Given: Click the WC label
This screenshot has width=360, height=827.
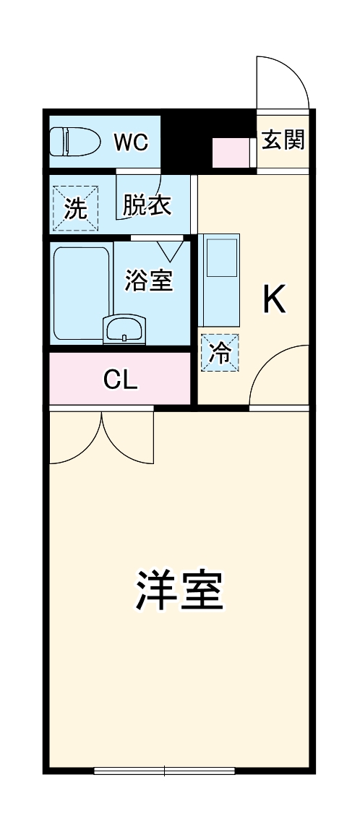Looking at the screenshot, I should (x=131, y=142).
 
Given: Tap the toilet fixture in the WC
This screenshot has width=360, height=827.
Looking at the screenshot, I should (x=75, y=141).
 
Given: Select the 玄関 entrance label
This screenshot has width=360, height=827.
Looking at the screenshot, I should (x=283, y=140).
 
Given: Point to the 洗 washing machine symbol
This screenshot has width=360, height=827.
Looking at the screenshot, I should (x=74, y=209).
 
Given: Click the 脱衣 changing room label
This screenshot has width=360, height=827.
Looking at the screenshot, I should (x=147, y=205).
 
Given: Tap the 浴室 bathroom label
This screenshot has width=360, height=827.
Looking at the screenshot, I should (x=149, y=280).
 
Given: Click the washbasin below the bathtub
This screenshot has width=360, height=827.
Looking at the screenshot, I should (x=125, y=331).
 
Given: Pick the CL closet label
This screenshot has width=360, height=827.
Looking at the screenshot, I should (x=121, y=379).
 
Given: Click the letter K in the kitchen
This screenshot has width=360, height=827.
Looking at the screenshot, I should (x=274, y=299).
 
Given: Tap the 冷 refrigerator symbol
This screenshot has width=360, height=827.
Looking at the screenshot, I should (x=219, y=353).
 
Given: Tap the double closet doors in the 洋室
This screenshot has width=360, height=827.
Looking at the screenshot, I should (x=103, y=437).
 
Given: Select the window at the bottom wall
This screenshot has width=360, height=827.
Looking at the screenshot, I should (x=166, y=771).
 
